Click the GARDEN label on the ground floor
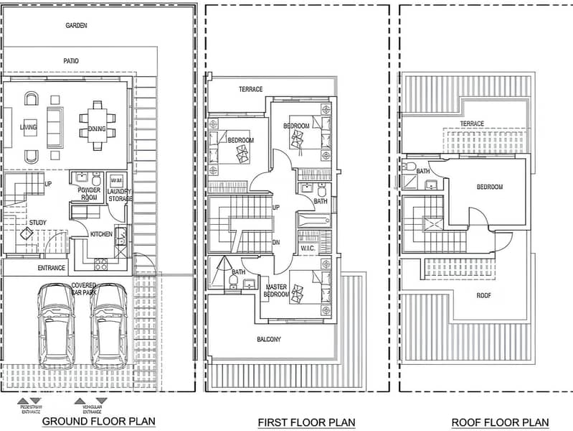(76, 25)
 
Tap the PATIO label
(70, 62)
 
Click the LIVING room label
(29, 127)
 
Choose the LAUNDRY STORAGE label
(119, 195)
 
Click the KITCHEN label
(100, 234)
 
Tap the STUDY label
(37, 223)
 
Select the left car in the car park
(56, 325)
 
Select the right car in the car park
(109, 325)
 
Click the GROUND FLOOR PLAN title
(98, 421)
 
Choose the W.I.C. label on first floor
(308, 249)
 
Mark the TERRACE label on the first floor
(251, 90)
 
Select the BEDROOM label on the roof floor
(490, 187)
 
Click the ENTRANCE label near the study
(52, 268)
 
